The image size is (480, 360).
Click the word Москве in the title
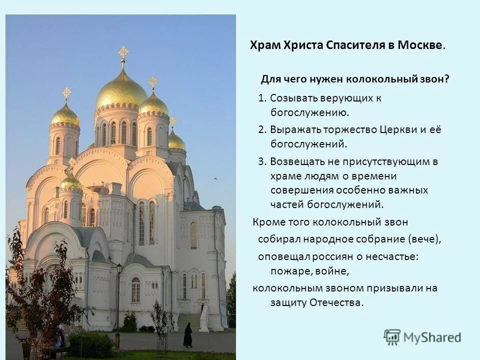click(420, 45)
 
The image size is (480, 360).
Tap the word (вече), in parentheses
click(425, 239)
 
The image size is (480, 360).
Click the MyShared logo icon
click(392, 337)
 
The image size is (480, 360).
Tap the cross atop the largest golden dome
click(123, 53)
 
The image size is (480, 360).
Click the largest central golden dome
click(121, 90)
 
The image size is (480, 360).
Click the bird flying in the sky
click(216, 178)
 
